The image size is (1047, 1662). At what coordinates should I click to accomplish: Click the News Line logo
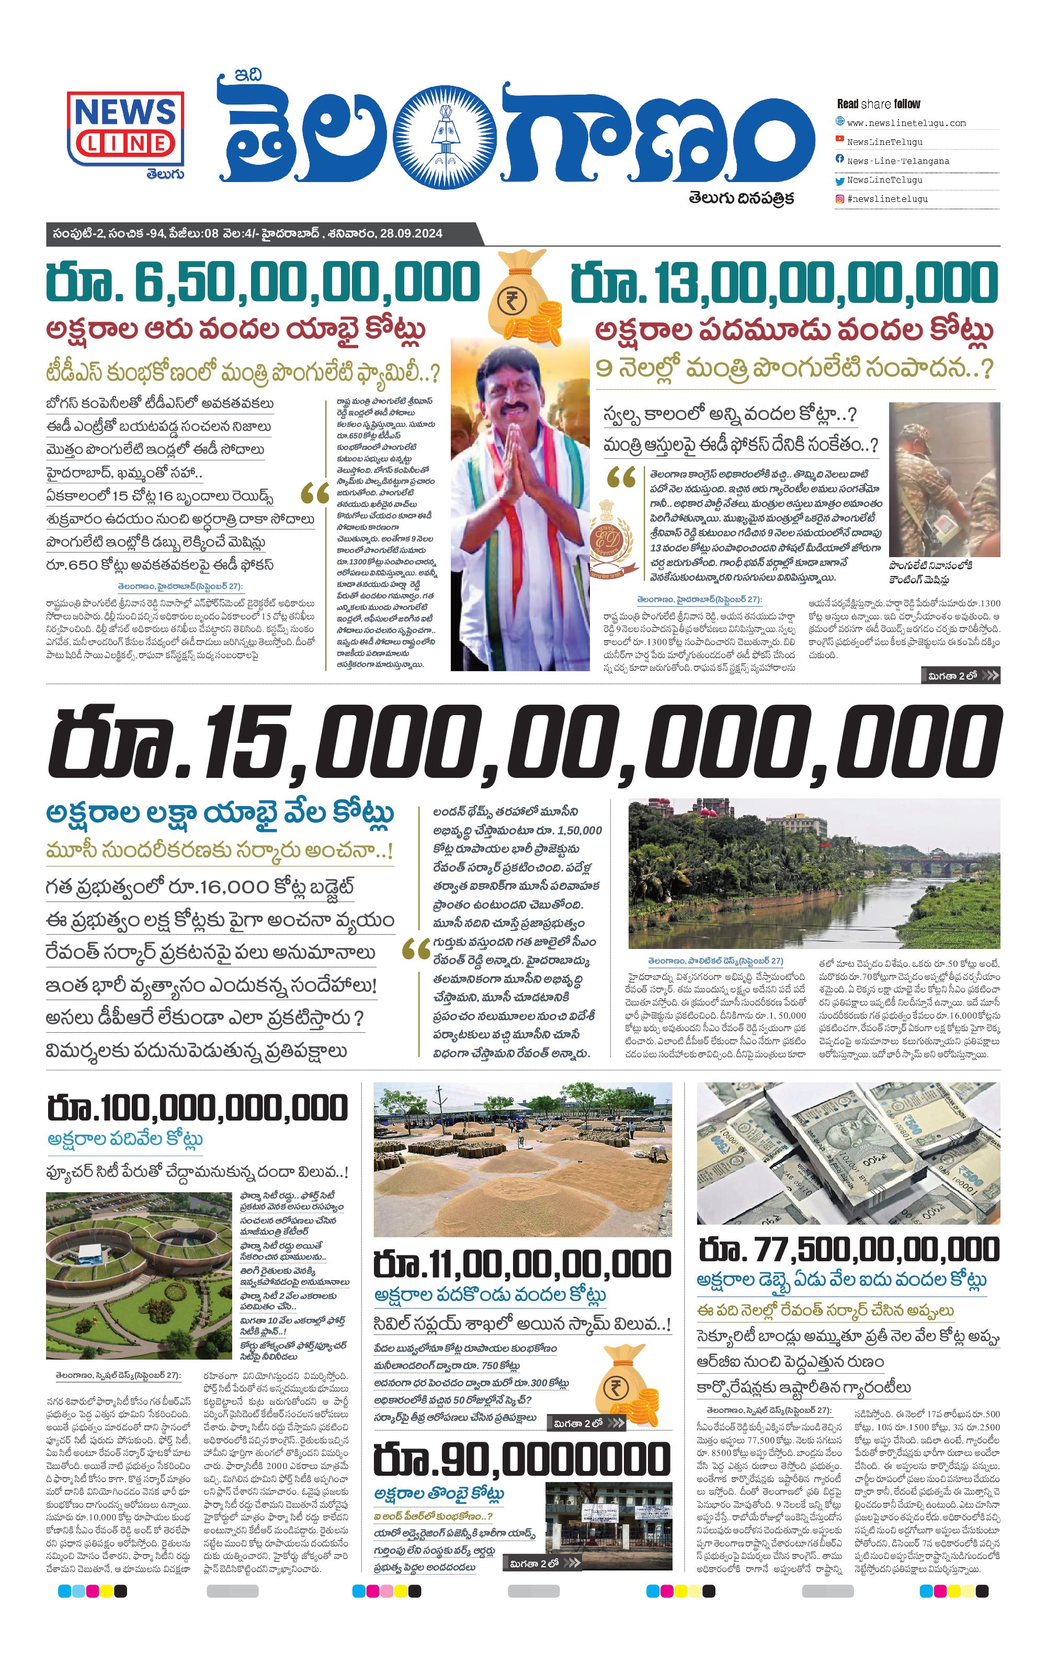pos(126,129)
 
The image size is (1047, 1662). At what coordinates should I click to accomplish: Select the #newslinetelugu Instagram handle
pos(887,199)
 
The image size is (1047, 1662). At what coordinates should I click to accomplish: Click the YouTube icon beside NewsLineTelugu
pos(839,140)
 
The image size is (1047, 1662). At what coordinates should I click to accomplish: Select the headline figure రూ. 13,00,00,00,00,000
pos(784,282)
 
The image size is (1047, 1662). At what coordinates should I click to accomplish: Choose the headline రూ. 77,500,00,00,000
pos(848,1249)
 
